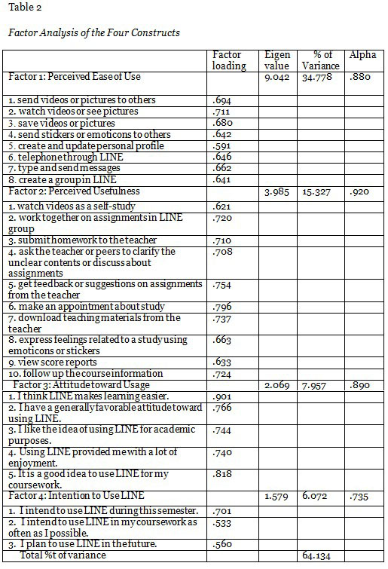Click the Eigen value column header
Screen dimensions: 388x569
pos(278,60)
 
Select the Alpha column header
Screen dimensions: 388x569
pos(363,56)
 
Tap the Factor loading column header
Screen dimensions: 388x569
pos(229,60)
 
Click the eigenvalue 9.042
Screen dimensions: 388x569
pos(277,77)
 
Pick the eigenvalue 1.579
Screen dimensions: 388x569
pos(277,496)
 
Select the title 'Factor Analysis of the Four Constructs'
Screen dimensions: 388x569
pos(93,32)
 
